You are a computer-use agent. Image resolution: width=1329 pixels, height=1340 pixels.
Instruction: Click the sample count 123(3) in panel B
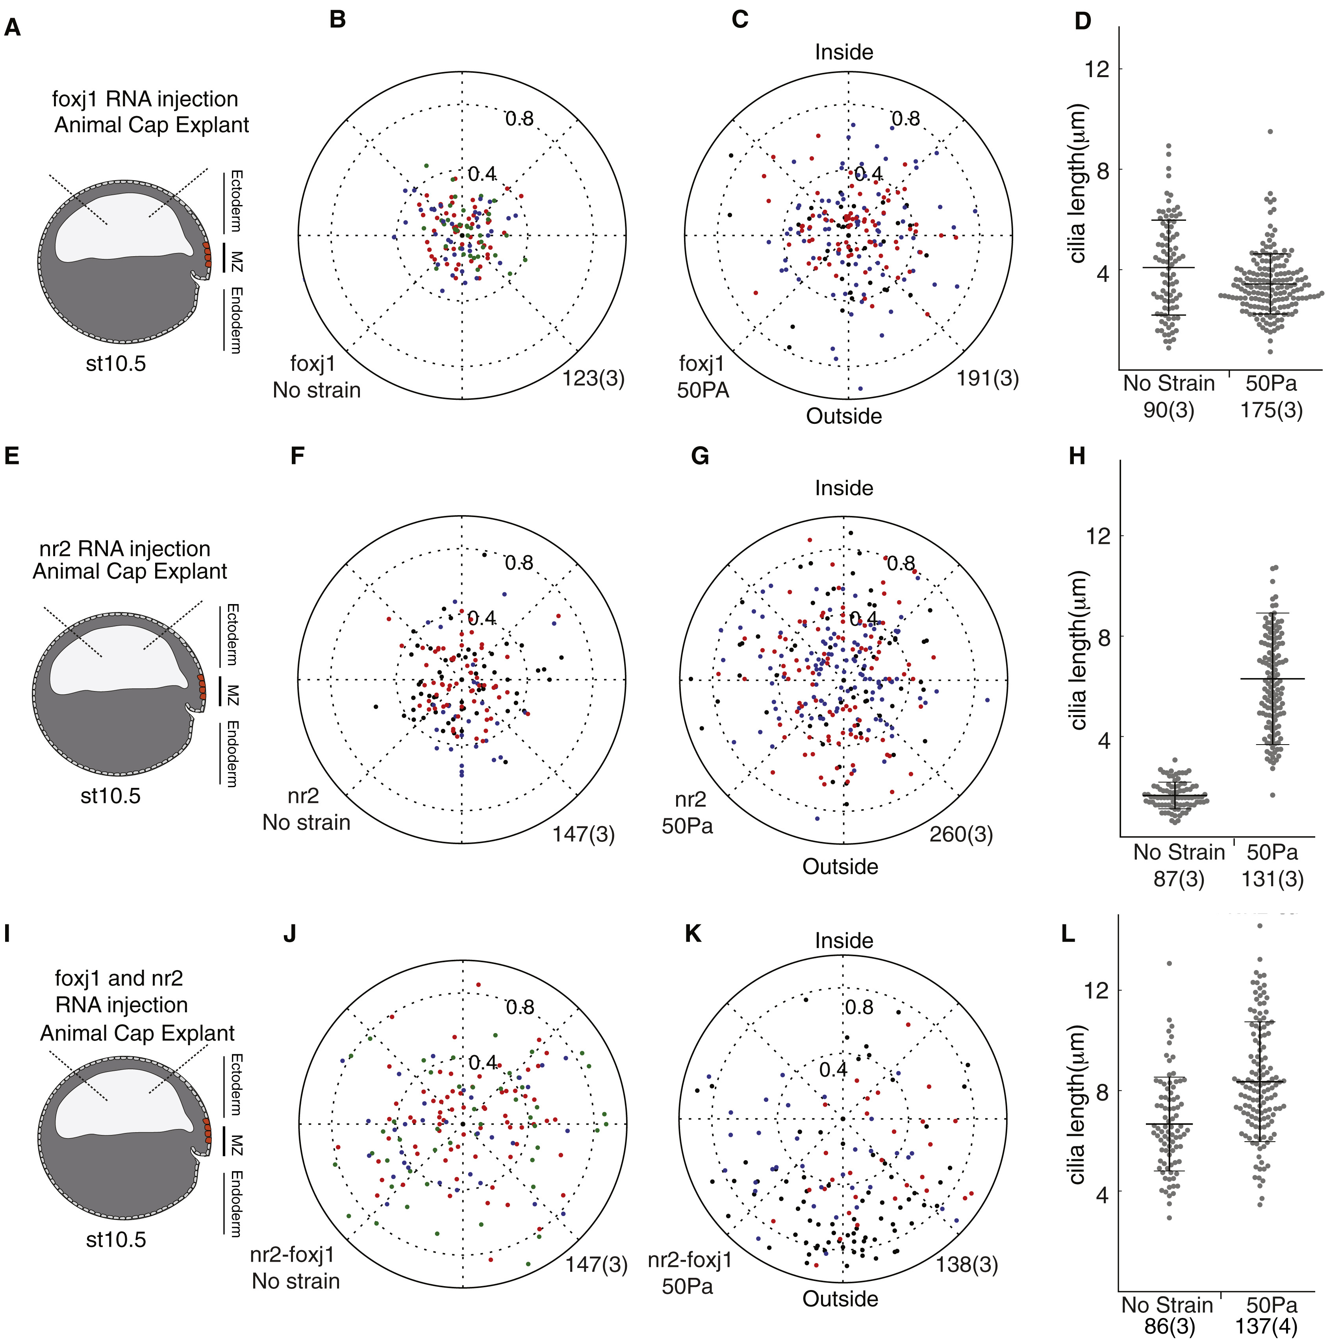coord(593,379)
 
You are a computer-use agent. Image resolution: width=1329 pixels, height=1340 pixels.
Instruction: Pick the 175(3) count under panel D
coord(1272,410)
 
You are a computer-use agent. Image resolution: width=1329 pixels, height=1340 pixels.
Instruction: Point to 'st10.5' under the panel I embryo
coord(116,1239)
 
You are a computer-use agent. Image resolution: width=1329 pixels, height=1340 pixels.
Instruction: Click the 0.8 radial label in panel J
coord(519,1007)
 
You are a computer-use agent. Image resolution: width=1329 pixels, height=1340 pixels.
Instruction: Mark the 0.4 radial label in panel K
coord(833,1070)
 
